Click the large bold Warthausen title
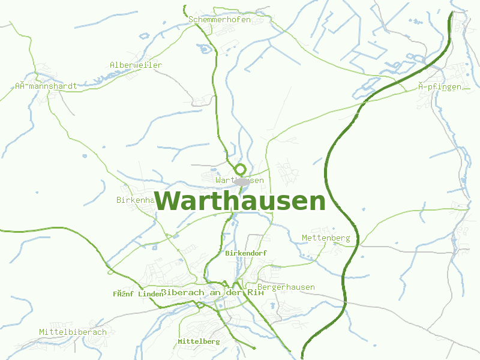[x=240, y=201]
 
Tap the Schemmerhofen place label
[x=219, y=20]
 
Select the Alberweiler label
[x=136, y=65]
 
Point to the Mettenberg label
[x=326, y=238]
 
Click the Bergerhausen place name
[x=286, y=287]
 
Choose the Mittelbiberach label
[x=73, y=332]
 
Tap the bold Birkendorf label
[x=245, y=253]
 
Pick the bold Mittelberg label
[x=199, y=341]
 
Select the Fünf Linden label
[x=138, y=294]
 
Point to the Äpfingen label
[x=440, y=87]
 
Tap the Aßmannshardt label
[x=46, y=86]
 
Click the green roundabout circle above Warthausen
[x=241, y=169]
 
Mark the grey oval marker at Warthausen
[x=241, y=181]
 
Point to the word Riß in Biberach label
[x=256, y=292]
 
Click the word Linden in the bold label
[x=151, y=294]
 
